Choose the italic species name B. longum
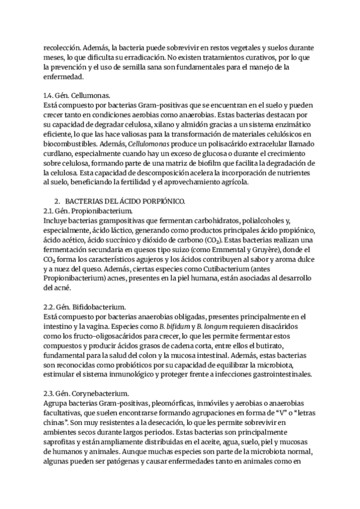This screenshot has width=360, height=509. coord(208,327)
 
